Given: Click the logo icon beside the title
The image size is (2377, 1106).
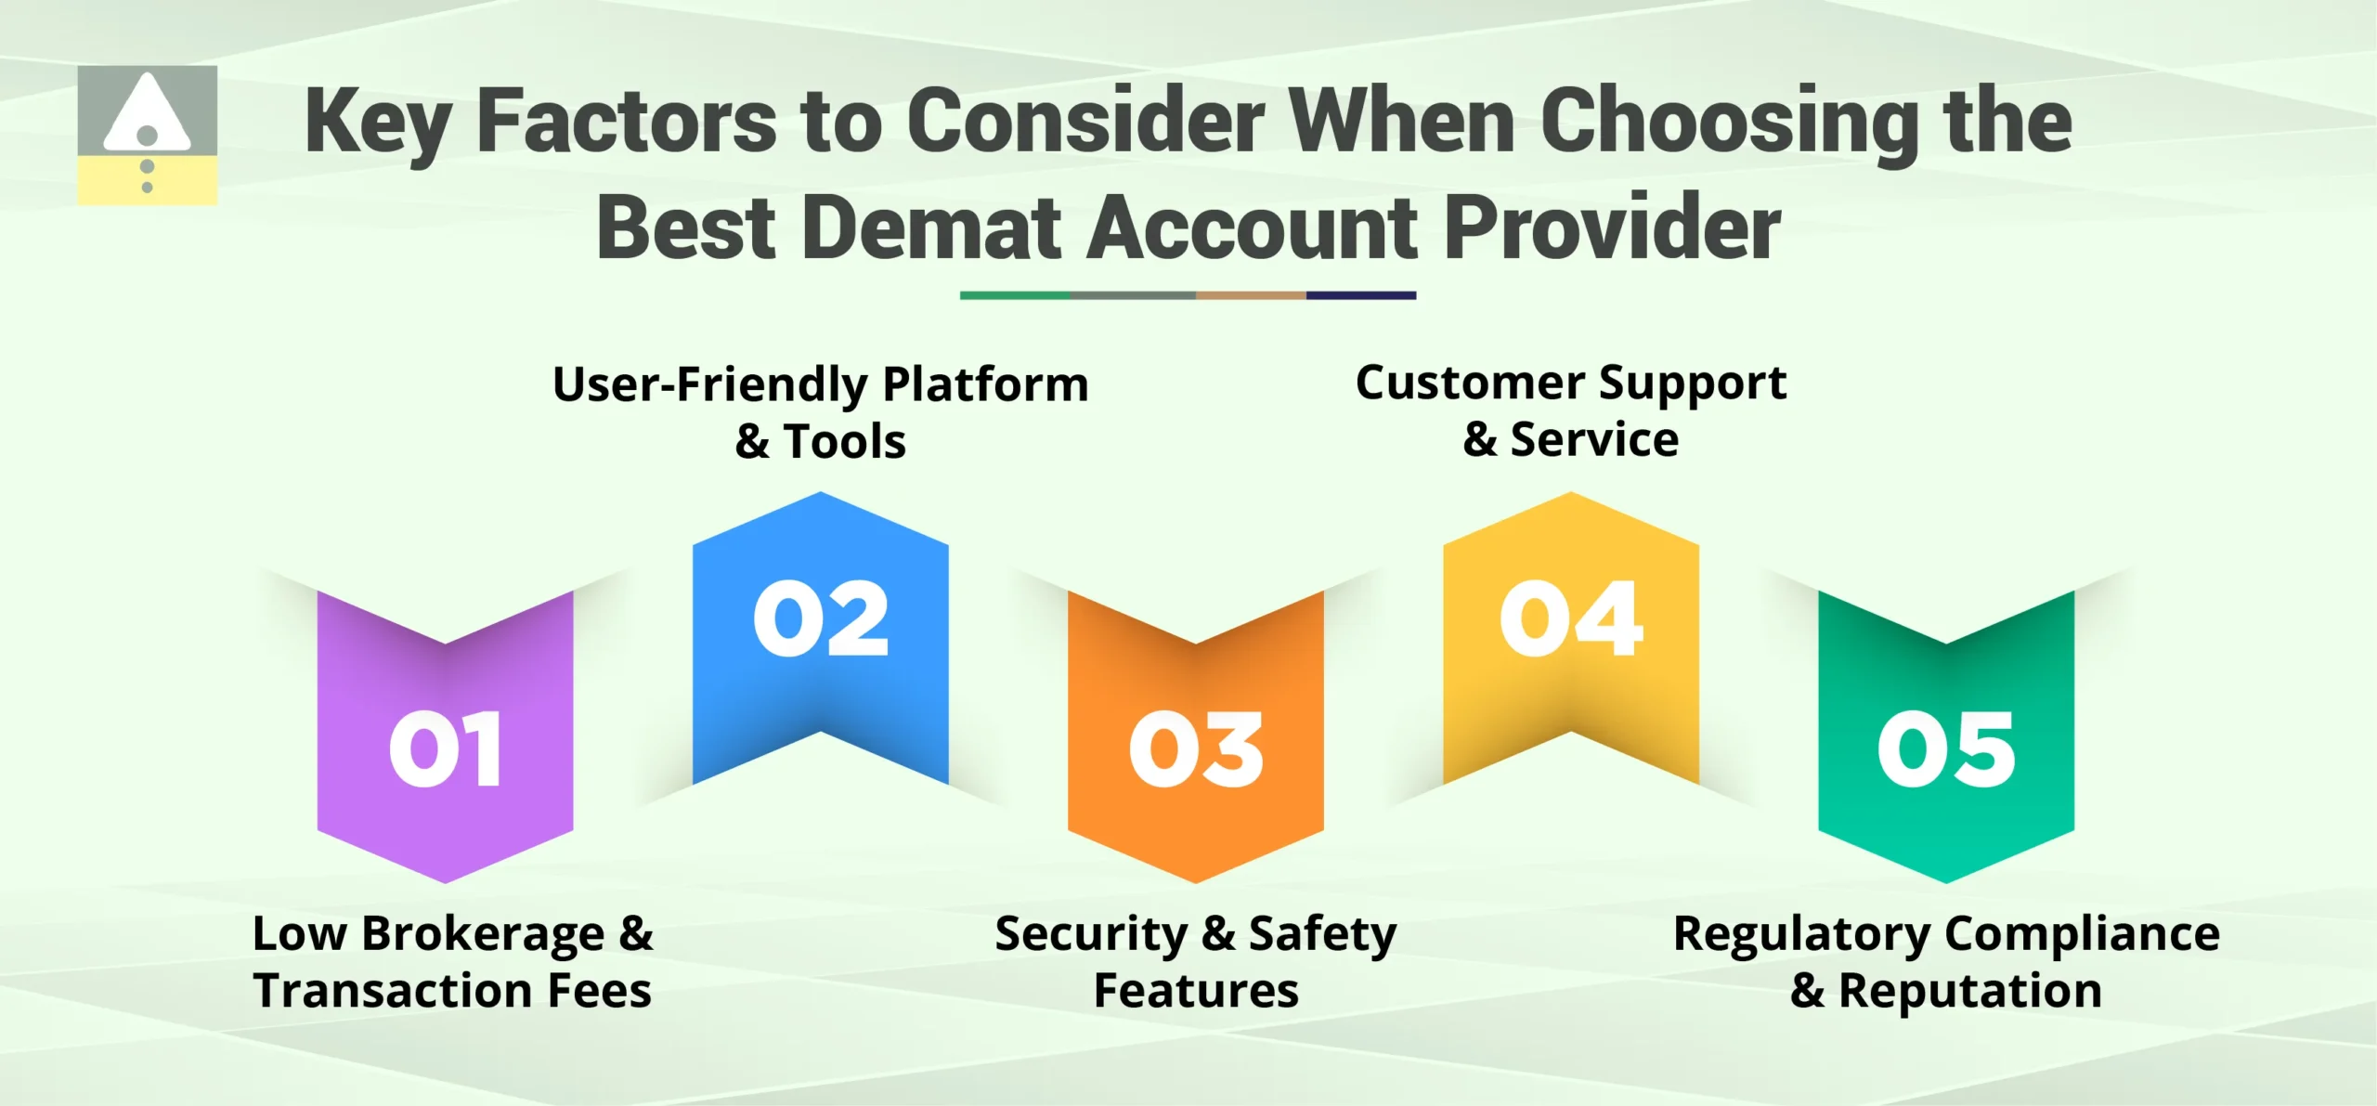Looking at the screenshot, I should (147, 136).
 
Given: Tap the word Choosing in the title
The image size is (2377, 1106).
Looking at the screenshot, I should (1729, 123).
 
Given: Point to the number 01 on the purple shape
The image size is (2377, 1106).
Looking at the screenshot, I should (446, 750).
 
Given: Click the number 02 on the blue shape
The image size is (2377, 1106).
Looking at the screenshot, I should (821, 619).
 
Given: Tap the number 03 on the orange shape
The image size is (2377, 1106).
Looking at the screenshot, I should (1196, 750).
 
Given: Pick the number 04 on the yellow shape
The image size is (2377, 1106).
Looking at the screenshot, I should (1571, 619).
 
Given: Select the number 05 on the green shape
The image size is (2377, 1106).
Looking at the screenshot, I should (1946, 750).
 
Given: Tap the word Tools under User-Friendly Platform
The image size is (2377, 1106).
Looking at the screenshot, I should (845, 441).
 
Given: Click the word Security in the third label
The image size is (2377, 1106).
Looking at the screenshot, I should (1091, 934).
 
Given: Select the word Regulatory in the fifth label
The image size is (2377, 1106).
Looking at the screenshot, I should (1801, 934).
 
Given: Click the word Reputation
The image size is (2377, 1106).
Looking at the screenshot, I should (1970, 991).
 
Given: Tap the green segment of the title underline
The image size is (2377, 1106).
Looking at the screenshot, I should (1015, 295).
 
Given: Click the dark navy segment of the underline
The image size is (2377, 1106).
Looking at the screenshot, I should (1360, 295).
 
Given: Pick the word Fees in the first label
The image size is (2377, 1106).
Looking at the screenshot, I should (599, 991).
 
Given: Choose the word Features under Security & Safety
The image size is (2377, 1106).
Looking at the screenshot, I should (1196, 991).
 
